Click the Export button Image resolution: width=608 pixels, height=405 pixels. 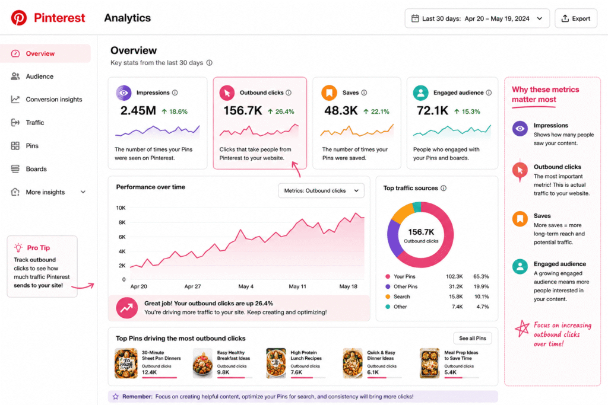pyautogui.click(x=576, y=18)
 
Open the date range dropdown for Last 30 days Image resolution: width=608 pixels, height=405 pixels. pyautogui.click(x=477, y=18)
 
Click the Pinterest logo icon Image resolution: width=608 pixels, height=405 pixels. pyautogui.click(x=18, y=18)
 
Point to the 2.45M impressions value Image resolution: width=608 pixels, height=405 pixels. pyautogui.click(x=138, y=111)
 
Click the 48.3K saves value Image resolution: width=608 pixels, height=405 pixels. pyautogui.click(x=341, y=111)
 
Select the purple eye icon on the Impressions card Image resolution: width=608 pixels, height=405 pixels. pyautogui.click(x=123, y=93)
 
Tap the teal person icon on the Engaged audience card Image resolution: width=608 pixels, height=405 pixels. pyautogui.click(x=421, y=93)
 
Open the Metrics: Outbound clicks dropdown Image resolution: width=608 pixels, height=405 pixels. pyautogui.click(x=321, y=190)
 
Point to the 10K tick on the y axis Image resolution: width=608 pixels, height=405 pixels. pyautogui.click(x=121, y=208)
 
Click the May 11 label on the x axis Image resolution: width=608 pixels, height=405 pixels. pyautogui.click(x=297, y=286)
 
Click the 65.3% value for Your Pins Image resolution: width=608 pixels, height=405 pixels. pyautogui.click(x=481, y=276)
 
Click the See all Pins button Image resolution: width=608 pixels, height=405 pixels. pyautogui.click(x=472, y=339)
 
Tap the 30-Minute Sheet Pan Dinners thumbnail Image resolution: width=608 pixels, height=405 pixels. pyautogui.click(x=126, y=363)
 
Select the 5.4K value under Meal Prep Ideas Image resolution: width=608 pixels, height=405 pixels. pyautogui.click(x=451, y=372)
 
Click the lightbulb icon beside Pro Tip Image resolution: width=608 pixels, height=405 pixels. pyautogui.click(x=18, y=248)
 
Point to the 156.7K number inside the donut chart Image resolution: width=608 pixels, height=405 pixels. pyautogui.click(x=421, y=232)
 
